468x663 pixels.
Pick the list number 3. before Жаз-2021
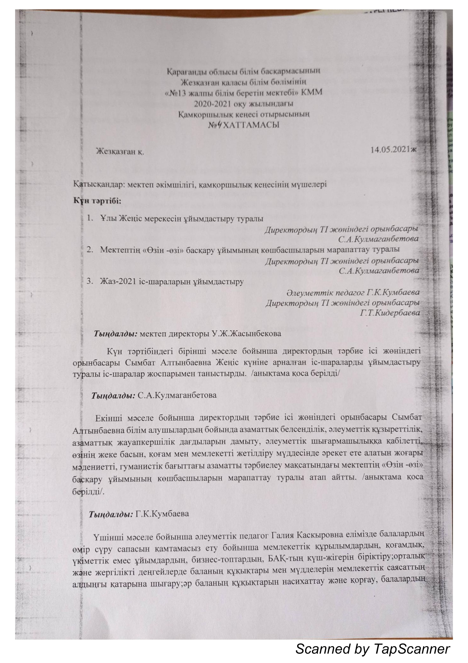(x=90, y=282)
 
